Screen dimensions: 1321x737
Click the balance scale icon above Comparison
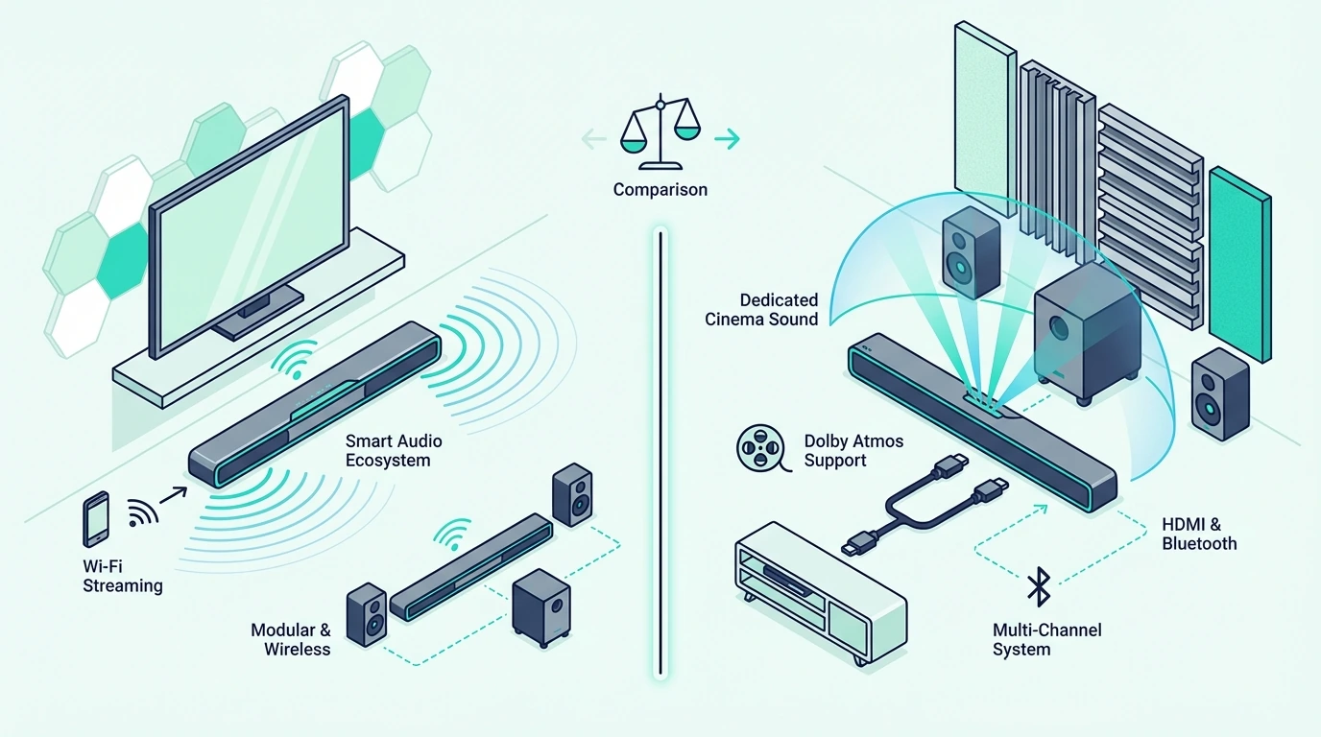[x=660, y=131]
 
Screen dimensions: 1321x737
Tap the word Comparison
[x=660, y=190]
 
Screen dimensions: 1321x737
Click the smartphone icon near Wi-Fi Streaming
[x=96, y=519]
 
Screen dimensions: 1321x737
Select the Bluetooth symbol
[x=1039, y=586]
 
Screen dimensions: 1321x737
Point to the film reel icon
[x=762, y=448]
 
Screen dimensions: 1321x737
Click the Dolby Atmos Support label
[x=853, y=451]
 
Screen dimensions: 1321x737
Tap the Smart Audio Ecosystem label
[x=394, y=451]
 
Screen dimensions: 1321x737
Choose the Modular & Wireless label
[x=291, y=640]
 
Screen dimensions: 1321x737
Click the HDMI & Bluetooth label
[x=1199, y=535]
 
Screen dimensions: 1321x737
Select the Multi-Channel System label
[x=1046, y=640]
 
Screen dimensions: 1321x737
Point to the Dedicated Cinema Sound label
[x=761, y=310]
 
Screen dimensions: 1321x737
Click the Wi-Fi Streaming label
[x=122, y=576]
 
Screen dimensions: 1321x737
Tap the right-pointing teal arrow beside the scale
[x=727, y=139]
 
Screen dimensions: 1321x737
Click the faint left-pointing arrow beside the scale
[x=594, y=139]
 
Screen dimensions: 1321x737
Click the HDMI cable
[x=925, y=505]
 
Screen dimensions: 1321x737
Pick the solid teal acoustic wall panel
[x=1239, y=264]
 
